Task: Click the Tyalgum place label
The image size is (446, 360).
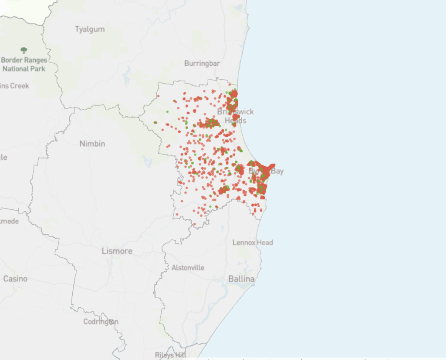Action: (90, 30)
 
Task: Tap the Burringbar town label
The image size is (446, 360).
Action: (202, 64)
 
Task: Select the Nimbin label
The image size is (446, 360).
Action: (92, 144)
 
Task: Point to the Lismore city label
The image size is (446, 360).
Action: (117, 251)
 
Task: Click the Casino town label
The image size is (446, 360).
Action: (15, 279)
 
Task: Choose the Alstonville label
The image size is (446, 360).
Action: (188, 268)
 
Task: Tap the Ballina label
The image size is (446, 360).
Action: (241, 279)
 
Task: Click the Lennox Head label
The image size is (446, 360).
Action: (253, 242)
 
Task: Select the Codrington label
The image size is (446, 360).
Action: (101, 322)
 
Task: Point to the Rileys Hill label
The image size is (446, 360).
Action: (171, 355)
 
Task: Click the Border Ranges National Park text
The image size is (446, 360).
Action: (24, 64)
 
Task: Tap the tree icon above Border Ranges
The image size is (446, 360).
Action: (24, 50)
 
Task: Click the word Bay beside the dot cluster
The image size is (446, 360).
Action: (277, 171)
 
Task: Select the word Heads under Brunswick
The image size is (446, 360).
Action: (236, 121)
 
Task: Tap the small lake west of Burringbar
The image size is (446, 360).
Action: (127, 76)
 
